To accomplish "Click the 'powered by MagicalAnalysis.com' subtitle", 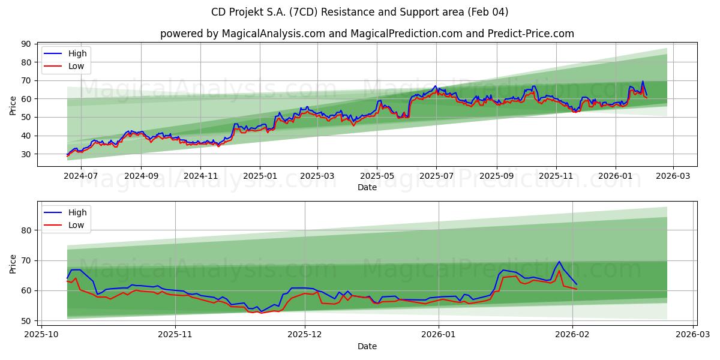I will [x=367, y=34].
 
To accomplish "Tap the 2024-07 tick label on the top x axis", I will [x=80, y=176].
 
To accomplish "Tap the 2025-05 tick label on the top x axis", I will [x=377, y=176].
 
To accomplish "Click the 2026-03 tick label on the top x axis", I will [x=673, y=176].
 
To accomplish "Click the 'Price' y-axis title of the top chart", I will [x=13, y=105].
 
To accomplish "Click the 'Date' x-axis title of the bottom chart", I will [x=367, y=346].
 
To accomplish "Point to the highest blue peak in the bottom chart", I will [x=559, y=262].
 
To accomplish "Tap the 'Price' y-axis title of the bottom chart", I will [x=13, y=264].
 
